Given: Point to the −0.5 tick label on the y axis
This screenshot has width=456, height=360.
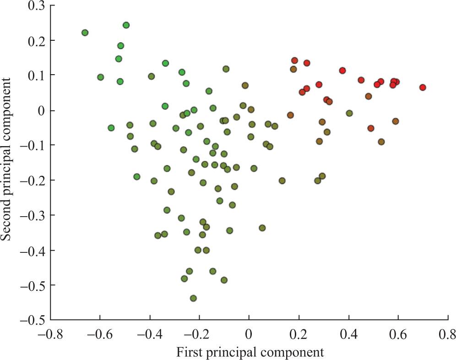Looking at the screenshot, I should point(30,319).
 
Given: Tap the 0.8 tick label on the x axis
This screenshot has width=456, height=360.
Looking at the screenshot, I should point(447,333).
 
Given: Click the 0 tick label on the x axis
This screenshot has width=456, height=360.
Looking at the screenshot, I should point(249,333).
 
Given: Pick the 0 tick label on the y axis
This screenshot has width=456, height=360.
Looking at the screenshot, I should point(40,110).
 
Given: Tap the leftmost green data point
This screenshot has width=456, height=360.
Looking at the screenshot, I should point(85,33).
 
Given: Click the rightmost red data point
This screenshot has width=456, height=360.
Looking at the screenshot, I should point(423,87).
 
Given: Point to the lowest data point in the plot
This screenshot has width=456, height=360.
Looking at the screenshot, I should point(193,298).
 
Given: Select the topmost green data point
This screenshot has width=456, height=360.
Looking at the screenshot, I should point(126,25).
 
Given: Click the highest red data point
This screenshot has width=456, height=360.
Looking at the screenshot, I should point(294,60).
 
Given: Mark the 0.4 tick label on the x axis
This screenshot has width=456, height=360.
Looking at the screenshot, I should point(348,333).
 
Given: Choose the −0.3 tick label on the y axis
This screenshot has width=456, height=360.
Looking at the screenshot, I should point(30,215).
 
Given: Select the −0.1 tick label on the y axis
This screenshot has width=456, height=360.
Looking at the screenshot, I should point(30,145).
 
